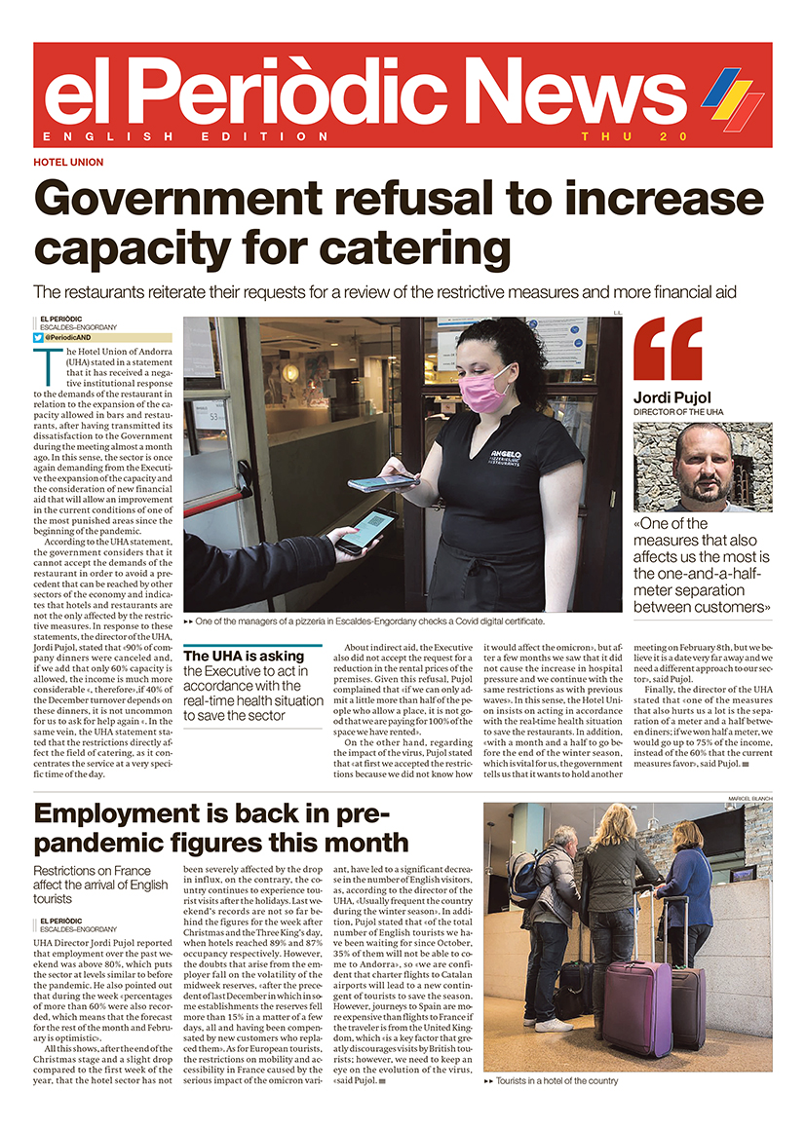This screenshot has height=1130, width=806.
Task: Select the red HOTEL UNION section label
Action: (68, 163)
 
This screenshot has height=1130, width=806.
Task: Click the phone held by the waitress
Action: (383, 482)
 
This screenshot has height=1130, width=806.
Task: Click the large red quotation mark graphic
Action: (668, 349)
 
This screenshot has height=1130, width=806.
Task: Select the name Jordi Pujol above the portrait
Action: (672, 397)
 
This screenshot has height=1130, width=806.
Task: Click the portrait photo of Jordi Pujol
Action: (702, 467)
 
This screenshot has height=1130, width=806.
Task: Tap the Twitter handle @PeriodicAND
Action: (73, 337)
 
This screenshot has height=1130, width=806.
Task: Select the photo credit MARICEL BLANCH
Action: (748, 798)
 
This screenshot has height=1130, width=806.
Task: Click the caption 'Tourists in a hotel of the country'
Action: (557, 1081)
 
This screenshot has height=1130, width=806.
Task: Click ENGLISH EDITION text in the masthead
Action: (186, 136)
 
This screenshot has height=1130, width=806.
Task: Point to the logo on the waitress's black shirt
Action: (504, 455)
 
